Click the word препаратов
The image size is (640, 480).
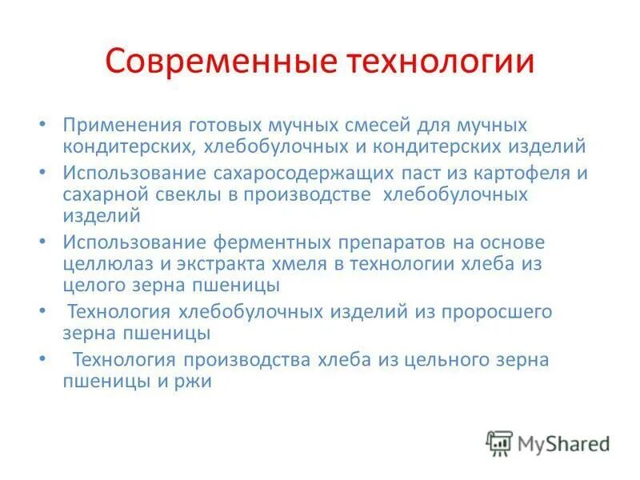click(405, 242)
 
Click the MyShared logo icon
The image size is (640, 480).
click(499, 443)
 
